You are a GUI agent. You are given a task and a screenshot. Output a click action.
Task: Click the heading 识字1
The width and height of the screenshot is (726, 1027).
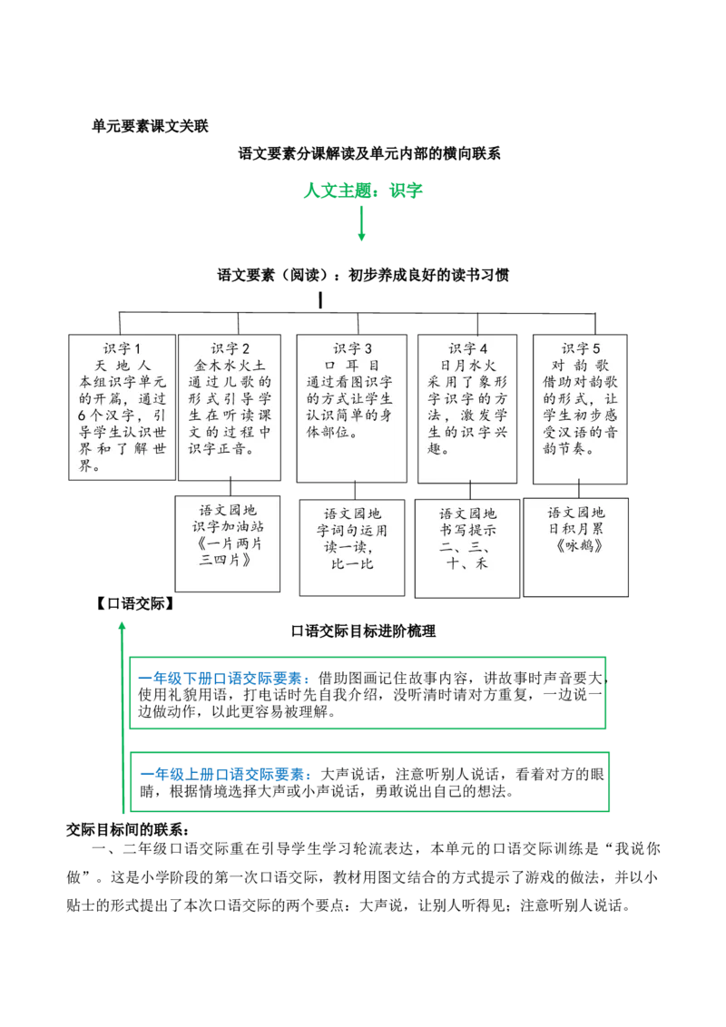[x=123, y=348]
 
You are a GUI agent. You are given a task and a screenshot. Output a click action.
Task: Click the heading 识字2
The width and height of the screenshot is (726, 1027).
[x=231, y=348]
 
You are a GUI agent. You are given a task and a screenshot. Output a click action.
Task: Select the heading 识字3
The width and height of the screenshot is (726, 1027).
[x=352, y=348]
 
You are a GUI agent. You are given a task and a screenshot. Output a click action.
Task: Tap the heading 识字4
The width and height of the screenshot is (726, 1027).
[x=468, y=348]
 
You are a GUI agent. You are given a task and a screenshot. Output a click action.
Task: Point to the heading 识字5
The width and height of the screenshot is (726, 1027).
[x=581, y=348]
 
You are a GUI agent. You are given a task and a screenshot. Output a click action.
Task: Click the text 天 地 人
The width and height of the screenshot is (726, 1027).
[x=123, y=365]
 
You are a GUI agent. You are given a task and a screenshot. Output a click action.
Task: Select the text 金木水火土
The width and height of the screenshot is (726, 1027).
[x=231, y=365]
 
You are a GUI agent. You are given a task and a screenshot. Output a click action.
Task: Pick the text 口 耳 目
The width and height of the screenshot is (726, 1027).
[x=352, y=365]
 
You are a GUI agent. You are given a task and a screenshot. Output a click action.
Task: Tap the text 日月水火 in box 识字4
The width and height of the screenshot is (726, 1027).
[x=468, y=365]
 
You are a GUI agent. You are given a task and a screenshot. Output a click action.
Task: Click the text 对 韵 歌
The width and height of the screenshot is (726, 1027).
[x=581, y=365]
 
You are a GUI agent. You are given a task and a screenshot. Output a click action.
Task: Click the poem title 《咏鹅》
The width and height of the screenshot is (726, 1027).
[x=581, y=547]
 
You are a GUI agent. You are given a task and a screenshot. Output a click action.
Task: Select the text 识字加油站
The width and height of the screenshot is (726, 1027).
[x=231, y=529]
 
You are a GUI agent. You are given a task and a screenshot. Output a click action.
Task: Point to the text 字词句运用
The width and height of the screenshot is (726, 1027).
[x=352, y=531]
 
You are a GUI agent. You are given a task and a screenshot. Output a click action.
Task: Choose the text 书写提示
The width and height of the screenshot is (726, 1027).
[x=468, y=531]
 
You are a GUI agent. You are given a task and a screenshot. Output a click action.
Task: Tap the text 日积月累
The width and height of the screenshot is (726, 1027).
[x=581, y=530]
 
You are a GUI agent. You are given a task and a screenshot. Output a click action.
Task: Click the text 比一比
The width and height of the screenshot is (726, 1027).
[x=352, y=564]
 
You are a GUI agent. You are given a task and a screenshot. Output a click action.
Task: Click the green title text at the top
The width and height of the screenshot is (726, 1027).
[x=363, y=191]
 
